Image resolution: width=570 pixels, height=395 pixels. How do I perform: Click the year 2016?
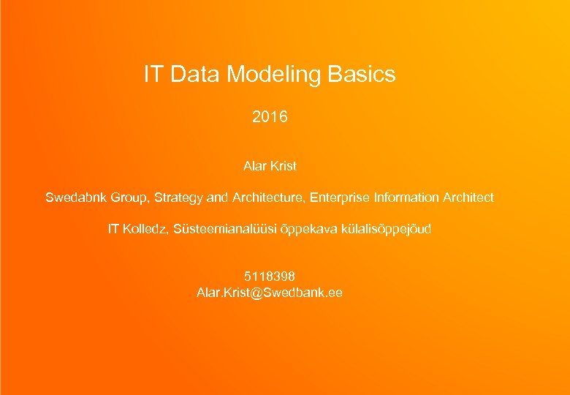(270, 116)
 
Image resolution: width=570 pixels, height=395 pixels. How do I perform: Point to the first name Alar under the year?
(255, 166)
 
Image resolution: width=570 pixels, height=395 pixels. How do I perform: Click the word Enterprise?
(340, 197)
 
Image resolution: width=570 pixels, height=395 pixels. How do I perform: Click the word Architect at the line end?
(468, 197)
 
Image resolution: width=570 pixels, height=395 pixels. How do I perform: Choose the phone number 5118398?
(270, 276)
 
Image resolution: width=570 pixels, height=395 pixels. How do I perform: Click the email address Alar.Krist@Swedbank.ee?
(270, 293)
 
